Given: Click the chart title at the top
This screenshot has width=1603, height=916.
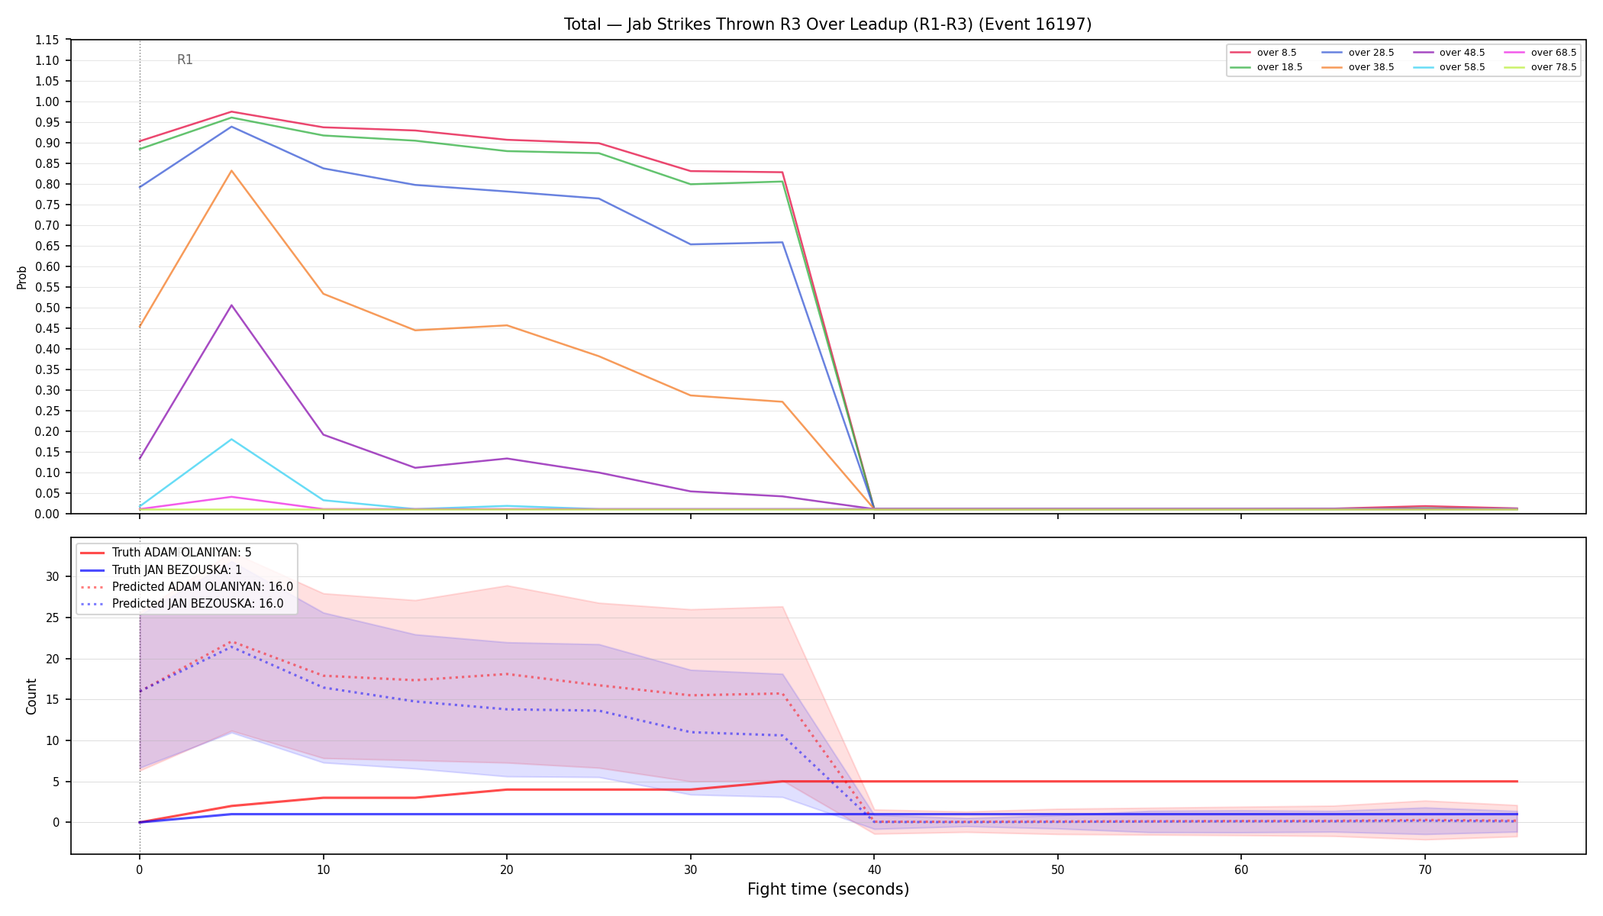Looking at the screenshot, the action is pos(827,24).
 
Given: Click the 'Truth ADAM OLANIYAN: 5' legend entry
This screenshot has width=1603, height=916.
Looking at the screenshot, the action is pos(166,553).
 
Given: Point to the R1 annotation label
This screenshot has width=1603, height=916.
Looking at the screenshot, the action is pos(185,60).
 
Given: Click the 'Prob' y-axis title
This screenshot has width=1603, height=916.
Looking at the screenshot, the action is pos(22,277).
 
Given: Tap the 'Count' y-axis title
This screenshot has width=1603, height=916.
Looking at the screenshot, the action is pos(31,696).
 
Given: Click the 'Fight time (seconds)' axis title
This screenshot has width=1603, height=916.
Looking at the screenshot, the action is pos(828,889).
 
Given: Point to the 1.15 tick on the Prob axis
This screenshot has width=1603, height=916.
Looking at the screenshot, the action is pos(48,40).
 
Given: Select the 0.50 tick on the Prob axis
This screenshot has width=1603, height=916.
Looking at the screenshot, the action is pos(48,308).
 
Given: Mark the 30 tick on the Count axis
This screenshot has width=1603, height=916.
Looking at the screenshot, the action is pos(52,576).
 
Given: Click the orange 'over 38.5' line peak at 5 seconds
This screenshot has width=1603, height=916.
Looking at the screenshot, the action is pos(231,170).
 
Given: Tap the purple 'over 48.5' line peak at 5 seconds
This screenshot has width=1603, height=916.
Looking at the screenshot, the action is pos(231,305).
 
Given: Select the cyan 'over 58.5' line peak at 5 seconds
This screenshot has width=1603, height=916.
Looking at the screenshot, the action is pos(231,439).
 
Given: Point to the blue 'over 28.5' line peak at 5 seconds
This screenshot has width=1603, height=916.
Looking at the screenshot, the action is pos(231,126).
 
